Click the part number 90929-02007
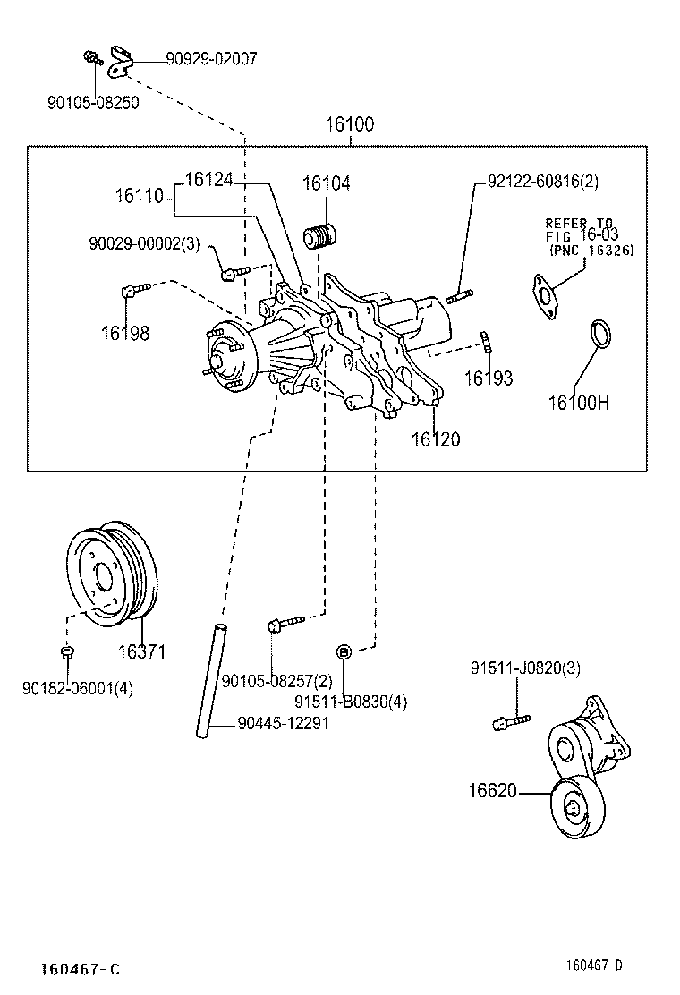211,59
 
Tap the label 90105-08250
93,103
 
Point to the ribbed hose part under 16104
320,238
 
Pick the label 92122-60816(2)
542,182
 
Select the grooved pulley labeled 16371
115,573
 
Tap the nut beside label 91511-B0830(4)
344,649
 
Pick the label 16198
124,334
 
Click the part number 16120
436,438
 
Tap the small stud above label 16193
487,342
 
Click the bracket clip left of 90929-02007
121,59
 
